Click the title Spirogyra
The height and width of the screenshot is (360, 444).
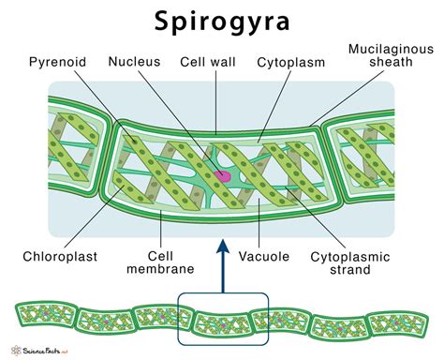(x=221, y=22)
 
